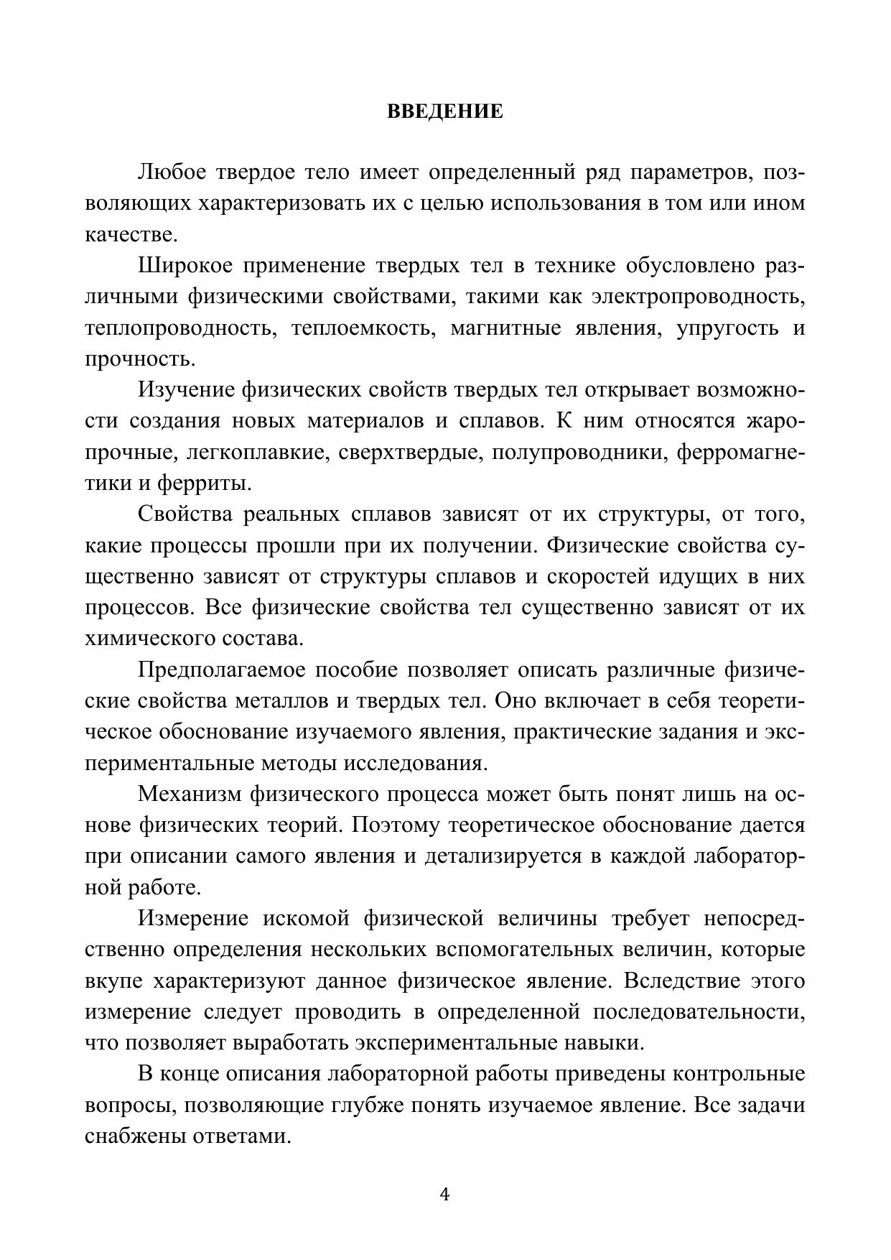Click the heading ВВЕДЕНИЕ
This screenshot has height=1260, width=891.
click(445, 112)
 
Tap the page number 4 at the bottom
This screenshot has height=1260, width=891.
click(444, 1195)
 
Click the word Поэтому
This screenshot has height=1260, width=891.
click(396, 825)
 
